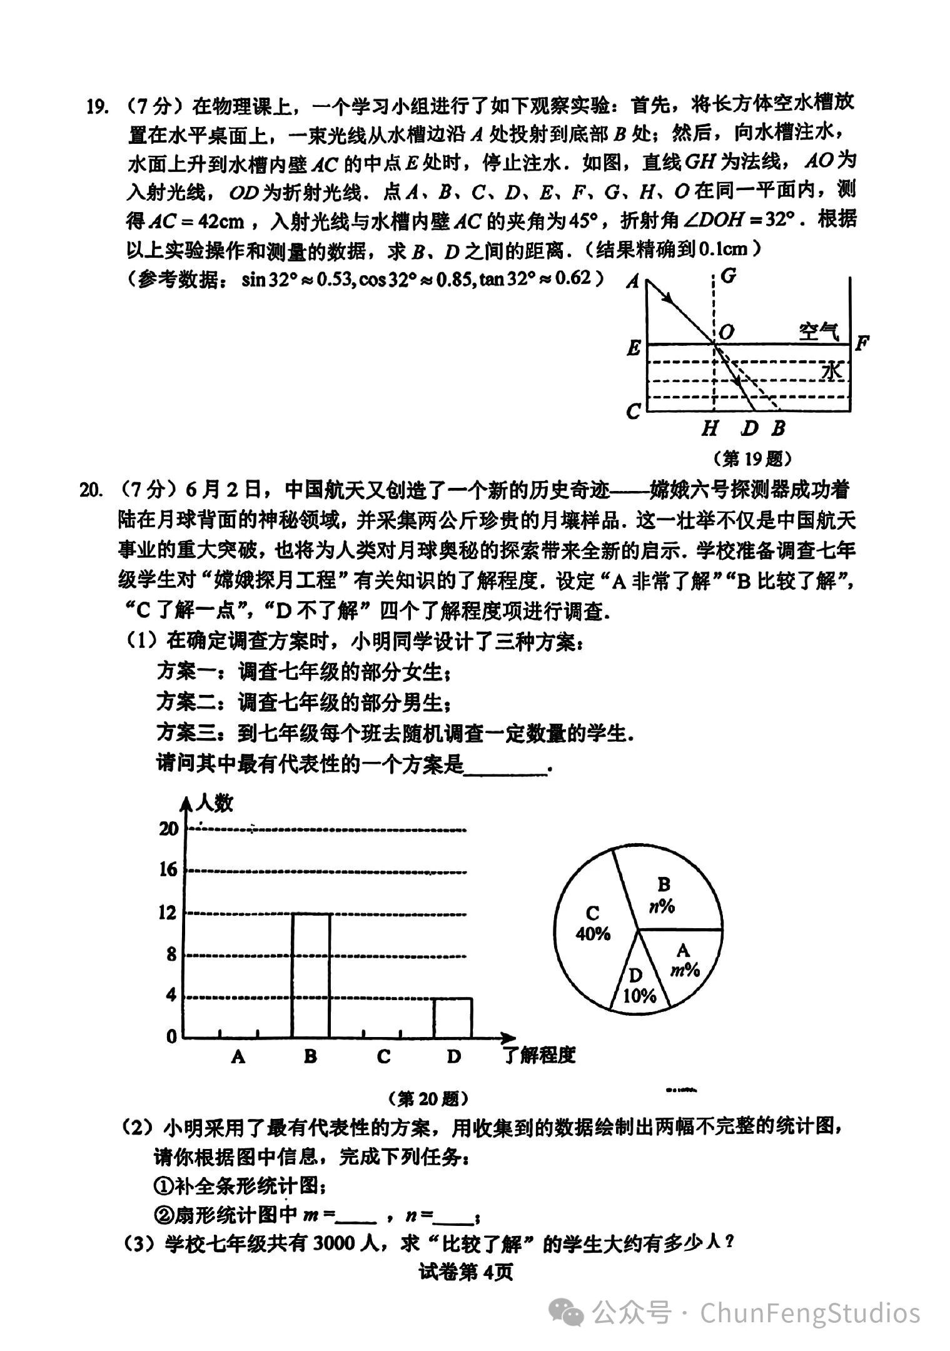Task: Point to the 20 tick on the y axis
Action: (169, 829)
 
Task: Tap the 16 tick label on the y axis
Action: (168, 869)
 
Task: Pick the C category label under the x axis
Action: (383, 1056)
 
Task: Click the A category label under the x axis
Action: (238, 1056)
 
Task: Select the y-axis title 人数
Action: (214, 802)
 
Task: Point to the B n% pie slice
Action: (669, 894)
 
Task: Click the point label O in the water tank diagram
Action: (726, 331)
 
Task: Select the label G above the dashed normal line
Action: (728, 276)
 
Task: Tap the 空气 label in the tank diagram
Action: (818, 331)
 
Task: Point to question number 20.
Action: (92, 490)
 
